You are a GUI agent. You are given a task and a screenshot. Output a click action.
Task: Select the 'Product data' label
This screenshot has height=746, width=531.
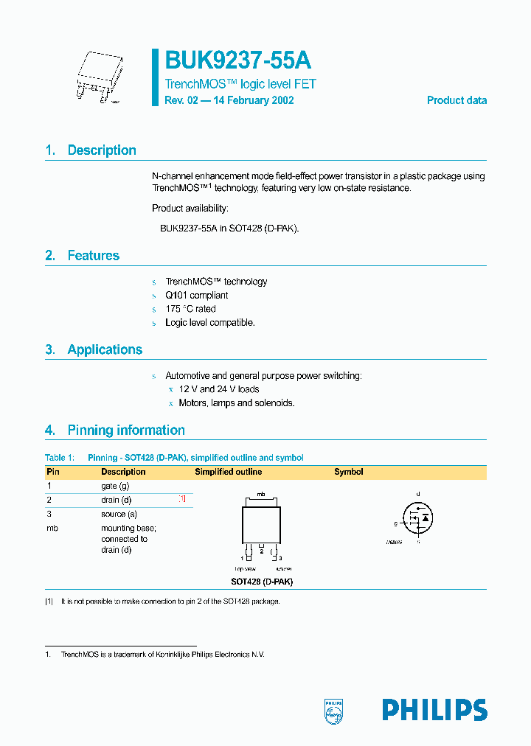457,100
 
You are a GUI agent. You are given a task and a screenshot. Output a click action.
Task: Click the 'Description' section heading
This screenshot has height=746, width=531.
101,150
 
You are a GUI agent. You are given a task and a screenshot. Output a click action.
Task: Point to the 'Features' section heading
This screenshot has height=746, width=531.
93,256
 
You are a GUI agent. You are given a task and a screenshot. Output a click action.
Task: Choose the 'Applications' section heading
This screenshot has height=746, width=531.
105,349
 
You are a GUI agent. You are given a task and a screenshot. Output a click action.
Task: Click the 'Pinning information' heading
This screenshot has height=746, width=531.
125,430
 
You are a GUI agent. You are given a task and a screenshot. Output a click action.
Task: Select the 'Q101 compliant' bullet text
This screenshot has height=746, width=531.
196,296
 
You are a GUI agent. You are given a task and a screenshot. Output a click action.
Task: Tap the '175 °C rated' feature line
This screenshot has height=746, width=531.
190,309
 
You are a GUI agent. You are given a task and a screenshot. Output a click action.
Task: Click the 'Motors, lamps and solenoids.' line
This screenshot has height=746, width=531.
236,403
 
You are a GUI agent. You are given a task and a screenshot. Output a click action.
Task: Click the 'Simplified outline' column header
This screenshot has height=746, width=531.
228,472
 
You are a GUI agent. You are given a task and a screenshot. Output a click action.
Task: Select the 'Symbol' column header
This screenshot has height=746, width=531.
348,472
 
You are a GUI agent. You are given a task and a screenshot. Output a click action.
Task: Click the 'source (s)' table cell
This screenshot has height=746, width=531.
119,514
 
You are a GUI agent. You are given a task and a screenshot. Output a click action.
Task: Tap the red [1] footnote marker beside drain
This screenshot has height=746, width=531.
182,500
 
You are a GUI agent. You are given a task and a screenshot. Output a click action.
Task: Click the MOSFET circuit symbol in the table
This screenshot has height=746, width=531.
417,519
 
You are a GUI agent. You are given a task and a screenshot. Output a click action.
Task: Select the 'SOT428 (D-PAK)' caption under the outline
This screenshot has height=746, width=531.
261,582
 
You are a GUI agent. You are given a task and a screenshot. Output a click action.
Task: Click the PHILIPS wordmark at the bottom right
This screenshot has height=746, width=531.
434,710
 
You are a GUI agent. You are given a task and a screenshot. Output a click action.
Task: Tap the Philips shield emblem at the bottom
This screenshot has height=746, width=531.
334,711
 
